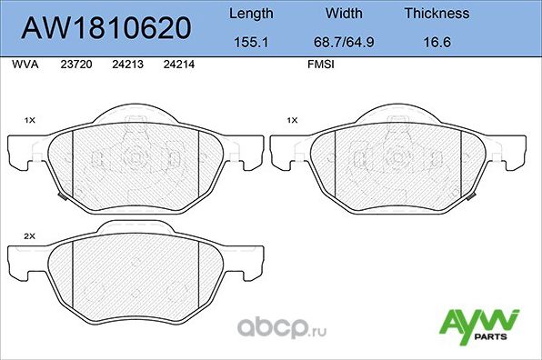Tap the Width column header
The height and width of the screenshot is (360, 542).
[344, 14]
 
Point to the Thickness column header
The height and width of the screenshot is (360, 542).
[437, 14]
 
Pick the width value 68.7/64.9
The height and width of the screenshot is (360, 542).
[344, 41]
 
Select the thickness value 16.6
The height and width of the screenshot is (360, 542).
[437, 41]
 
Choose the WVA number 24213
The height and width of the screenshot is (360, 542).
[126, 65]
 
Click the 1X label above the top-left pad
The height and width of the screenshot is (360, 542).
[28, 120]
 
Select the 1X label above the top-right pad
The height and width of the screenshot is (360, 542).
[292, 120]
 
